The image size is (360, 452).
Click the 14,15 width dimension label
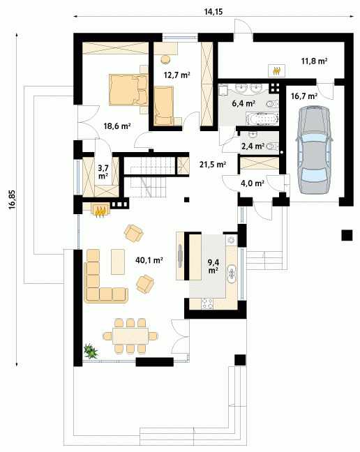pos(213,12)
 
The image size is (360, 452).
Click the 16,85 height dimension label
pos(12,199)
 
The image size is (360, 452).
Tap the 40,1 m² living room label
pos(149,260)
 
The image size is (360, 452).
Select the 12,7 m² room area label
pos(177,75)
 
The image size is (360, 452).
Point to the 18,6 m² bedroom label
pos(117,126)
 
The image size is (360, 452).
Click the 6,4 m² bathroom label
pos(243,103)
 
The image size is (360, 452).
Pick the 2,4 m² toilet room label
pos(253,146)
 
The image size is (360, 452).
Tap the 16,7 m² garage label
pos(304,96)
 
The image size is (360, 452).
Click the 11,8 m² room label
pos(314,61)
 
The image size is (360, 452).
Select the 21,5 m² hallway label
pos(213,165)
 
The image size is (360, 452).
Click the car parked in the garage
pos(313,149)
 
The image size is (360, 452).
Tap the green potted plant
pos(91,351)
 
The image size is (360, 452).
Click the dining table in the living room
pos(130,336)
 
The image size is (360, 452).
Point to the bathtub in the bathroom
pos(262,120)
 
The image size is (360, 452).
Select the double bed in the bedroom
pos(128,90)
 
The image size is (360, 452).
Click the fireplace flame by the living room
pos(100,211)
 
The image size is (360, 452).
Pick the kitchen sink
pos(232,274)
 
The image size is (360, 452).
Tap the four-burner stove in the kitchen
pos(207,303)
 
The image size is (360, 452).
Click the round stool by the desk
pos(166,59)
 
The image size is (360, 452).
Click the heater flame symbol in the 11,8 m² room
pos(277,70)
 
